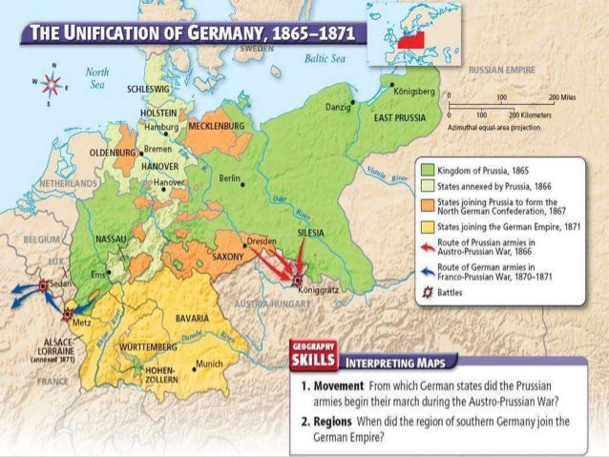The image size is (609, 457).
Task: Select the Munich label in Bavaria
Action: pyautogui.click(x=212, y=364)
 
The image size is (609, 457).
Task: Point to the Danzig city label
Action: pyautogui.click(x=338, y=109)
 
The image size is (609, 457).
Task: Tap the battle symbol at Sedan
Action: pyautogui.click(x=44, y=284)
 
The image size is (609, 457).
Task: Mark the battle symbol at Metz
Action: pyautogui.click(x=68, y=311)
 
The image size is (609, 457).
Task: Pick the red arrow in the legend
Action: pyautogui.click(x=427, y=246)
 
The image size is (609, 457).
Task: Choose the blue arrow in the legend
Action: pyautogui.click(x=427, y=271)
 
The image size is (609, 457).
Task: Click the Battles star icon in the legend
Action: pyautogui.click(x=427, y=293)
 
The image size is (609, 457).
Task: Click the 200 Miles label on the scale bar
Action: pyautogui.click(x=562, y=98)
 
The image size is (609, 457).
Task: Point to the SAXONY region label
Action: pyautogui.click(x=228, y=256)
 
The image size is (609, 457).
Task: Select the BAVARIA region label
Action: pyautogui.click(x=193, y=316)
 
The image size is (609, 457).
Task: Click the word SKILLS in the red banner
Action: pyautogui.click(x=311, y=362)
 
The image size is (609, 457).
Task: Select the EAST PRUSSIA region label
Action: pyautogui.click(x=396, y=116)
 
